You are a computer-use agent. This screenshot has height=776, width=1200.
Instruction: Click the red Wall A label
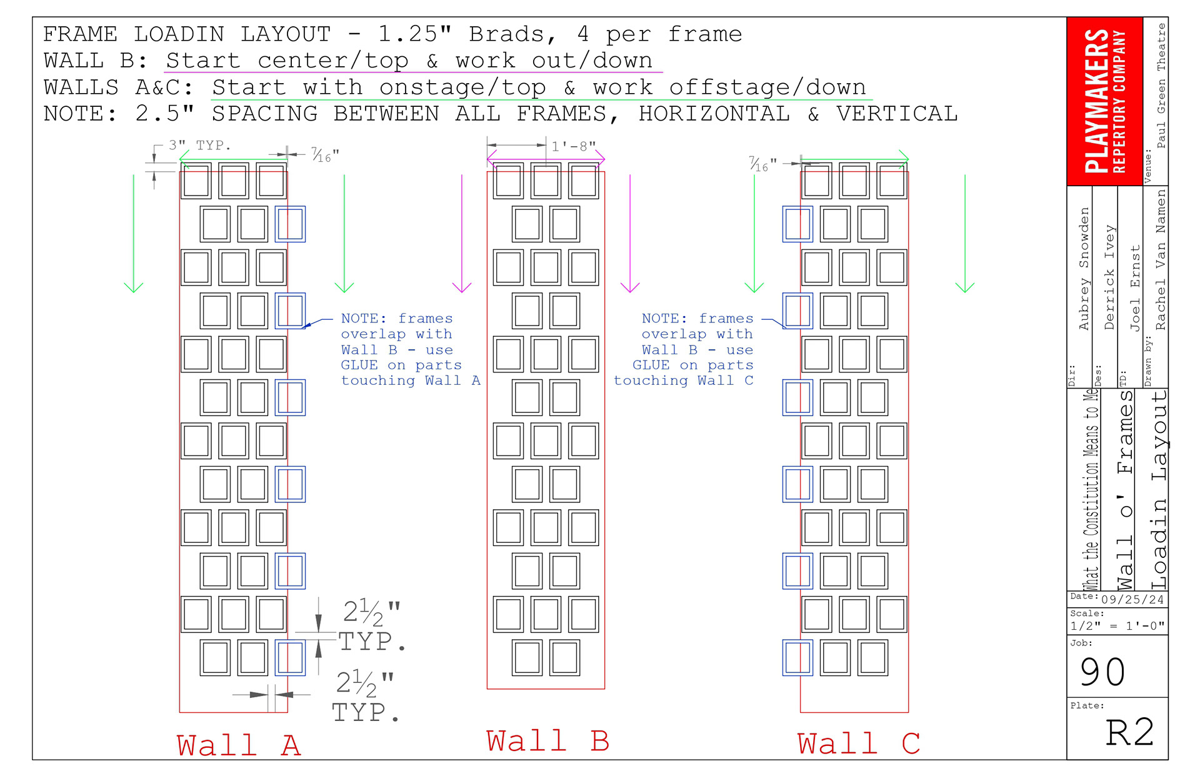tap(239, 745)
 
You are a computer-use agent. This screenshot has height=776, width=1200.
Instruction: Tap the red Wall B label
tap(547, 741)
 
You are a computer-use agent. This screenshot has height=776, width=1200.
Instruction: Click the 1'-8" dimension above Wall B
tap(573, 146)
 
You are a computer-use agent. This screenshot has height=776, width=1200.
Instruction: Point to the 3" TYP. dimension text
tap(199, 146)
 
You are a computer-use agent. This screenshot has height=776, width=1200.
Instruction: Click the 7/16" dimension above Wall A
tap(325, 155)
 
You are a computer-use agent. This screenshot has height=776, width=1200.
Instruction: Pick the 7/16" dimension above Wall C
tap(763, 164)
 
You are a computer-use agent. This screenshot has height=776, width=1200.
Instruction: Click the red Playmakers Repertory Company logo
tap(1104, 101)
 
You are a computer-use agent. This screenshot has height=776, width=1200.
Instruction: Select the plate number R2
tap(1129, 732)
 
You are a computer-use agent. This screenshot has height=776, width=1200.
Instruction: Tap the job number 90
tap(1103, 672)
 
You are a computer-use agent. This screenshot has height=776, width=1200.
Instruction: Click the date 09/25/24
tap(1132, 600)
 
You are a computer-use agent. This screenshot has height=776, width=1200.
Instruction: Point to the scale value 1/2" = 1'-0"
tap(1117, 626)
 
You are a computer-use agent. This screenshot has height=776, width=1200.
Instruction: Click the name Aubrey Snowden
tap(1084, 269)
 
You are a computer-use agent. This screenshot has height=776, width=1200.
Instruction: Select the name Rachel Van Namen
tap(1161, 260)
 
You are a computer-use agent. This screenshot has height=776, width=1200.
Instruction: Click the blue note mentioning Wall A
tap(410, 350)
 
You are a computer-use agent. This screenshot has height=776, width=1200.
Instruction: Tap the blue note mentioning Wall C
tap(684, 350)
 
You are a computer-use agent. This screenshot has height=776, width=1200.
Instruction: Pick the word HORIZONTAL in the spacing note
tap(714, 114)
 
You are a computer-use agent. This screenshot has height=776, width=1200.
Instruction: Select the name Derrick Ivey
tap(1109, 277)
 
